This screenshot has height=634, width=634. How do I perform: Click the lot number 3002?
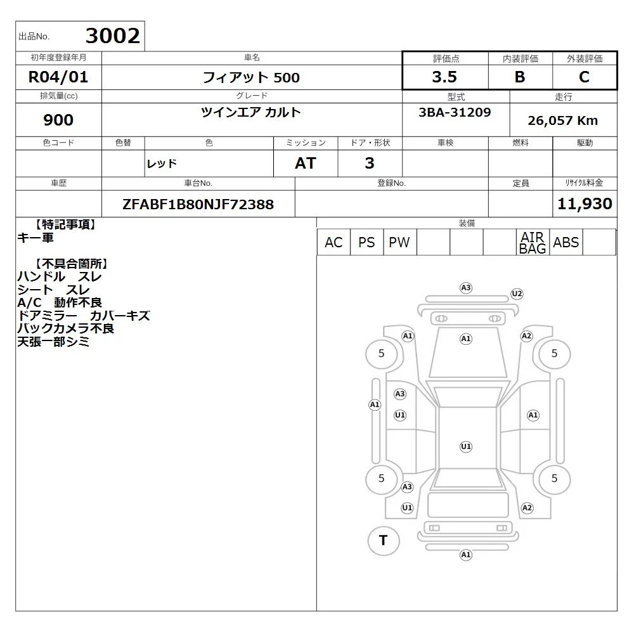click(113, 36)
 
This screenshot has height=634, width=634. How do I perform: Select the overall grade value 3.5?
click(444, 77)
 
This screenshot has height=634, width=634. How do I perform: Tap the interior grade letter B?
click(520, 77)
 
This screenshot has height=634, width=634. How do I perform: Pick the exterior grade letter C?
click(584, 77)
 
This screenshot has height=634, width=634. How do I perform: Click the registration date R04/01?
click(58, 77)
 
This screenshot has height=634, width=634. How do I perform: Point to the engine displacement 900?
click(58, 120)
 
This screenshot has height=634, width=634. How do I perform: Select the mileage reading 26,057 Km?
click(563, 120)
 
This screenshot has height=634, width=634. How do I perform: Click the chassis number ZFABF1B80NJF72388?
click(198, 204)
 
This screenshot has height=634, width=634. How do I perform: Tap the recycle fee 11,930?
click(585, 204)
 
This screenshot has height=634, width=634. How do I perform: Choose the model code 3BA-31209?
click(455, 112)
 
